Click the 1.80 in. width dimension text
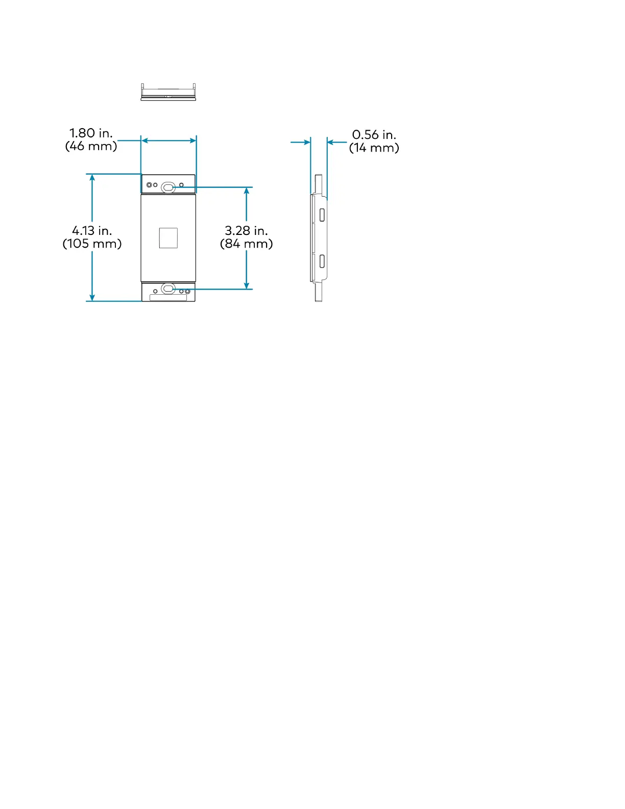coord(91,133)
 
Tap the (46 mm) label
coord(91,146)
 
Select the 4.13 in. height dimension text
coord(92,231)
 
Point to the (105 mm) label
coord(92,244)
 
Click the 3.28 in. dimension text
coord(246,231)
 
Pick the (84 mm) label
coord(246,244)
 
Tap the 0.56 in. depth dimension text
coord(374,135)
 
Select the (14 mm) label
coord(374,148)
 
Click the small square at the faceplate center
coord(168,238)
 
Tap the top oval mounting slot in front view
coord(168,187)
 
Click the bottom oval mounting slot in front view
coord(168,289)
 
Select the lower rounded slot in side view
coord(322,261)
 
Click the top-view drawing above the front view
coord(168,92)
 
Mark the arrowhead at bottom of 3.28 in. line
coord(246,285)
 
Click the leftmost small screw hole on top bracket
coord(149,185)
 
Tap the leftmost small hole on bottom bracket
coord(155,292)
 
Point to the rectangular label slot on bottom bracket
coord(168,298)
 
